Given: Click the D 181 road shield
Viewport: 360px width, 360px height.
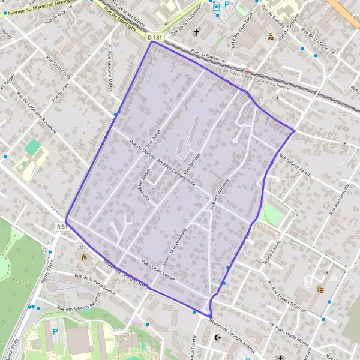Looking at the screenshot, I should [x=155, y=38].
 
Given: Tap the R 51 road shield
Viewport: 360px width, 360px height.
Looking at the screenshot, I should [x=60, y=226].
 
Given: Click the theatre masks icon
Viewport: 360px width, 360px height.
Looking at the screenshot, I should [x=320, y=289].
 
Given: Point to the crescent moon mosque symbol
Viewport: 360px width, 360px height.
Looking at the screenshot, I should [x=218, y=338].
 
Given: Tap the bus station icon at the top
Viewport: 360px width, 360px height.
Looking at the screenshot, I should [x=216, y=7].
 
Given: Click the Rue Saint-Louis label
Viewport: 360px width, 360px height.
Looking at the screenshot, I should [x=58, y=68].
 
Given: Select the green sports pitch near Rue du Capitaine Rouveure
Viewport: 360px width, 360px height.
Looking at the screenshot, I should [x=32, y=147].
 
